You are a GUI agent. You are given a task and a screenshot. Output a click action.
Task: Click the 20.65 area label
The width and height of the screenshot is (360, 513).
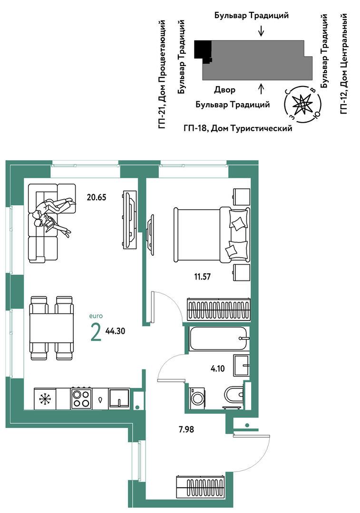pyautogui.click(x=96, y=197)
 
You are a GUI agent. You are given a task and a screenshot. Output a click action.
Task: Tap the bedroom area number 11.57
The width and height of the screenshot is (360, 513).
pyautogui.click(x=202, y=277)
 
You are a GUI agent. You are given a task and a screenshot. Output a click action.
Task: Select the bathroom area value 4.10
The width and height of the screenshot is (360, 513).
pyautogui.click(x=218, y=369)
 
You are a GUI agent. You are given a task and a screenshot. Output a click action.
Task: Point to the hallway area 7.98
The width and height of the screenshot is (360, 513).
pyautogui.click(x=186, y=429)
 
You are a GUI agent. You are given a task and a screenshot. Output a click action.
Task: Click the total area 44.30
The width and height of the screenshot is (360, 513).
pyautogui.click(x=115, y=331)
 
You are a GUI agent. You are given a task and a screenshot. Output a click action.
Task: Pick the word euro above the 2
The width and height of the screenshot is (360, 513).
pyautogui.click(x=96, y=316)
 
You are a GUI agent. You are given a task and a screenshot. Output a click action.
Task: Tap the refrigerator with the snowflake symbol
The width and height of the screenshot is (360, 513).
pyautogui.click(x=45, y=398)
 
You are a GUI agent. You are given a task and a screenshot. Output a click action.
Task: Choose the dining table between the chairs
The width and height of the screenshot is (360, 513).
pyautogui.click(x=51, y=328)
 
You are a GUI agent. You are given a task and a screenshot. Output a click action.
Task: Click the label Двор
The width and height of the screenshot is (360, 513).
pyautogui.click(x=224, y=90)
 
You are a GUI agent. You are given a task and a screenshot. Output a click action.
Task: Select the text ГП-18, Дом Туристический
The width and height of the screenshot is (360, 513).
pyautogui.click(x=238, y=128)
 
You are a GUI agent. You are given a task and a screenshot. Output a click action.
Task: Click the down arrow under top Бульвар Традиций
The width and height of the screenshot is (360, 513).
pyautogui.click(x=261, y=31)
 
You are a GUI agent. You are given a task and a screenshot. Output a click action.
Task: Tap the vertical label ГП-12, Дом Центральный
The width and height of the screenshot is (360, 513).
pyautogui.click(x=344, y=64)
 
